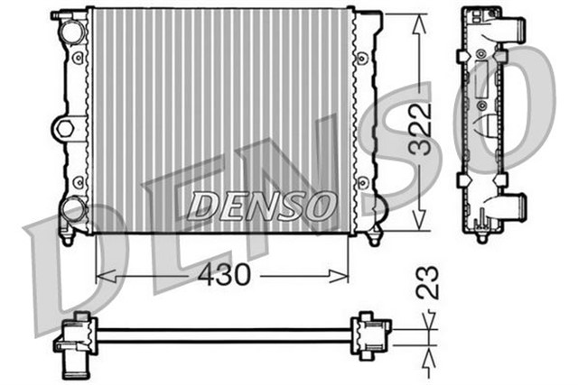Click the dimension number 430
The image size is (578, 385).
(223, 275)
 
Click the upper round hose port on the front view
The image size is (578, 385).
(70, 30)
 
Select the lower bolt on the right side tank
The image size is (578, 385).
(363, 186)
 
